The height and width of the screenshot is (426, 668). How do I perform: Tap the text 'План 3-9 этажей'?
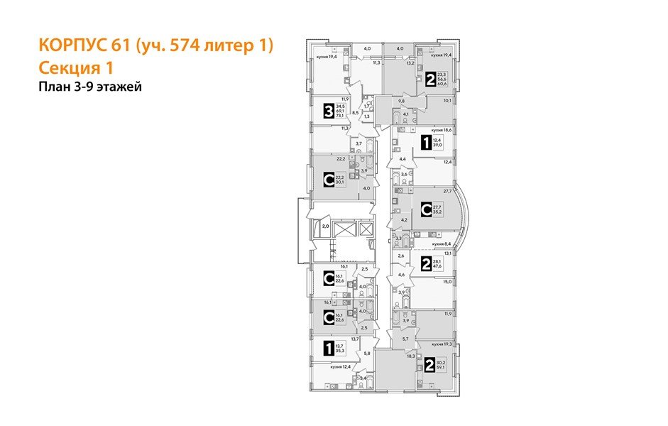point(91,87)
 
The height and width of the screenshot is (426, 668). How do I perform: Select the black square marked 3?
point(329,111)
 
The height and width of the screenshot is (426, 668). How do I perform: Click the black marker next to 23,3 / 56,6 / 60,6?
point(431,79)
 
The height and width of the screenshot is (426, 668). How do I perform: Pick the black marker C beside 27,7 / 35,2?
point(426,209)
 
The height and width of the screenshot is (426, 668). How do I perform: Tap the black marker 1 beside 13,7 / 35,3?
point(328,348)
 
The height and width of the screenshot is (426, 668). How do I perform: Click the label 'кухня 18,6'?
point(442,131)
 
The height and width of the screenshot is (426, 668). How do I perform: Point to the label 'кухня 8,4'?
point(443,243)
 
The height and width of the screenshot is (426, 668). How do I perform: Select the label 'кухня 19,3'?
point(442,344)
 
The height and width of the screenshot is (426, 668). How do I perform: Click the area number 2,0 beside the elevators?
point(325,226)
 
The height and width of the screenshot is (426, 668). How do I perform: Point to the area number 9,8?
point(400,101)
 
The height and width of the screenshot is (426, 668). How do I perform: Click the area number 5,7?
point(405,339)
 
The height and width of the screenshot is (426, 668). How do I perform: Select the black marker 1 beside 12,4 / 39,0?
point(426,143)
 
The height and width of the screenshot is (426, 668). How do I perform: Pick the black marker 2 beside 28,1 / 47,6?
point(426,265)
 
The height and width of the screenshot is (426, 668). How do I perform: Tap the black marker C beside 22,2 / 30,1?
point(329,180)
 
